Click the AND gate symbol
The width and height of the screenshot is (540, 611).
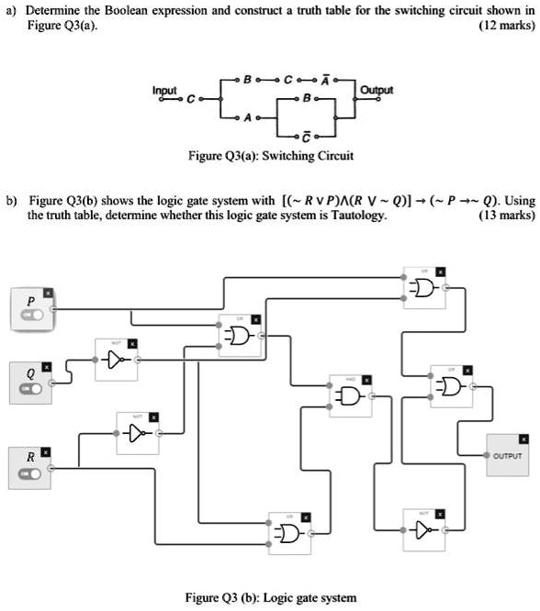(x=349, y=395)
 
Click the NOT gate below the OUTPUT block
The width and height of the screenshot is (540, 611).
(x=422, y=528)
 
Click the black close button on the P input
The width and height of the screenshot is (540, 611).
(x=50, y=293)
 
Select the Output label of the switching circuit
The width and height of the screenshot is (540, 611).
(x=377, y=90)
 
